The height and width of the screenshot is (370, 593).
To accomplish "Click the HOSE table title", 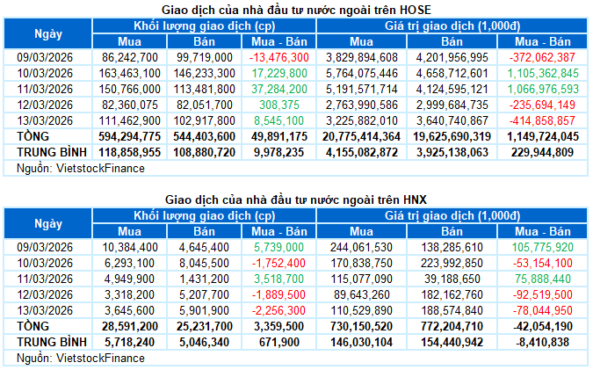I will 296,9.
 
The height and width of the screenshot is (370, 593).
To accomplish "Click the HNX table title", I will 296,200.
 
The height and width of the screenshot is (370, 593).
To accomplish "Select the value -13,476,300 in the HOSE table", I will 279,56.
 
